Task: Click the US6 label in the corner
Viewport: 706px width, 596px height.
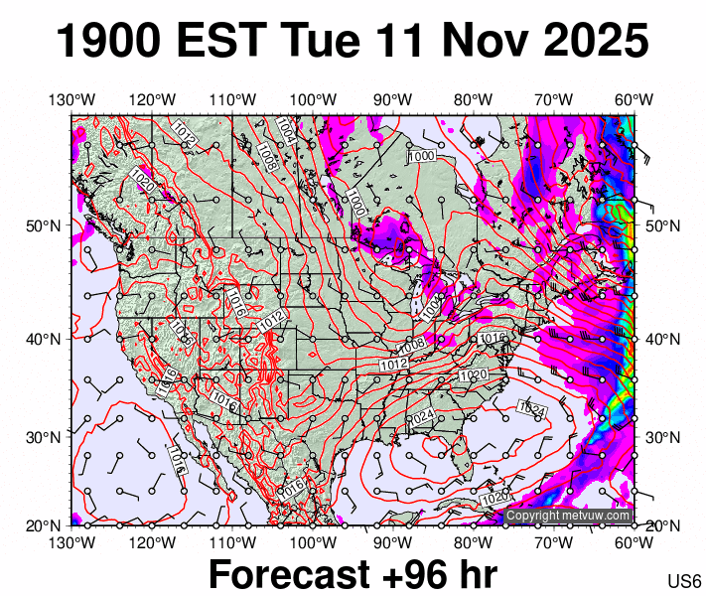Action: [x=685, y=580]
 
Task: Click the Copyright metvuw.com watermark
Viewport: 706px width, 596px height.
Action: [x=568, y=516]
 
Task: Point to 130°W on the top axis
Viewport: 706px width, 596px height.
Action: [x=71, y=99]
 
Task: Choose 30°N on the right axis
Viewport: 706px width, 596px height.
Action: [x=663, y=437]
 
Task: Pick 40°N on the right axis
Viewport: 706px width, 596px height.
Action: [x=663, y=339]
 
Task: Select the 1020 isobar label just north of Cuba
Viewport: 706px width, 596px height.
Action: [x=493, y=496]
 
